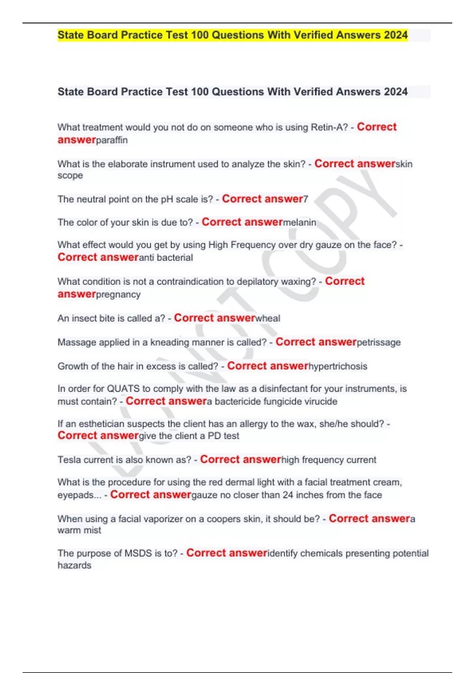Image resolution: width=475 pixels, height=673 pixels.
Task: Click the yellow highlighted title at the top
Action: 232,35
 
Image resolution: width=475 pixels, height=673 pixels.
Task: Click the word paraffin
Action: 112,141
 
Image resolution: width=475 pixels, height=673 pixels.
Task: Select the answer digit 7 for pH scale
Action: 306,199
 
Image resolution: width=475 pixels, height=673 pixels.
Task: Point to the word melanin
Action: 300,222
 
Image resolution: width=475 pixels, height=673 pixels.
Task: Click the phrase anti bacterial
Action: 166,258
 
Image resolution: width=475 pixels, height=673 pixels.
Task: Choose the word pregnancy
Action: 118,295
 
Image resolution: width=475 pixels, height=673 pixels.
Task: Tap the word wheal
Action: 268,318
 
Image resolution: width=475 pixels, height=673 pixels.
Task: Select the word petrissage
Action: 379,342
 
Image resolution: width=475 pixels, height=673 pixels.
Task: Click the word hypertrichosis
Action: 338,367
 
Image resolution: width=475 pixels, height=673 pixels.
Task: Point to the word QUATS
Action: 123,389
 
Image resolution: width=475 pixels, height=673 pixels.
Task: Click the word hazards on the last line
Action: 74,566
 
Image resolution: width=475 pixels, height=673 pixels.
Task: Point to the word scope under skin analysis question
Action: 70,176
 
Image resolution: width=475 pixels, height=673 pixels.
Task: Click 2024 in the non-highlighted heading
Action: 395,92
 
